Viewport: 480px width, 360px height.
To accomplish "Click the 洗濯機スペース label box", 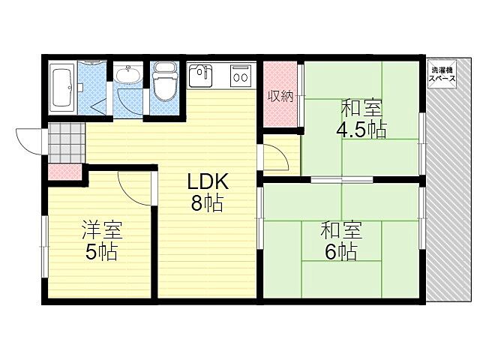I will (440, 75).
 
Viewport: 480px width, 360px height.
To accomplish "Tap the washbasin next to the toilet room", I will (128, 76).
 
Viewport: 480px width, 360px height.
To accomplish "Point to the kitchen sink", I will (199, 75).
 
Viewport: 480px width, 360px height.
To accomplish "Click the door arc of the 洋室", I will (135, 187).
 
